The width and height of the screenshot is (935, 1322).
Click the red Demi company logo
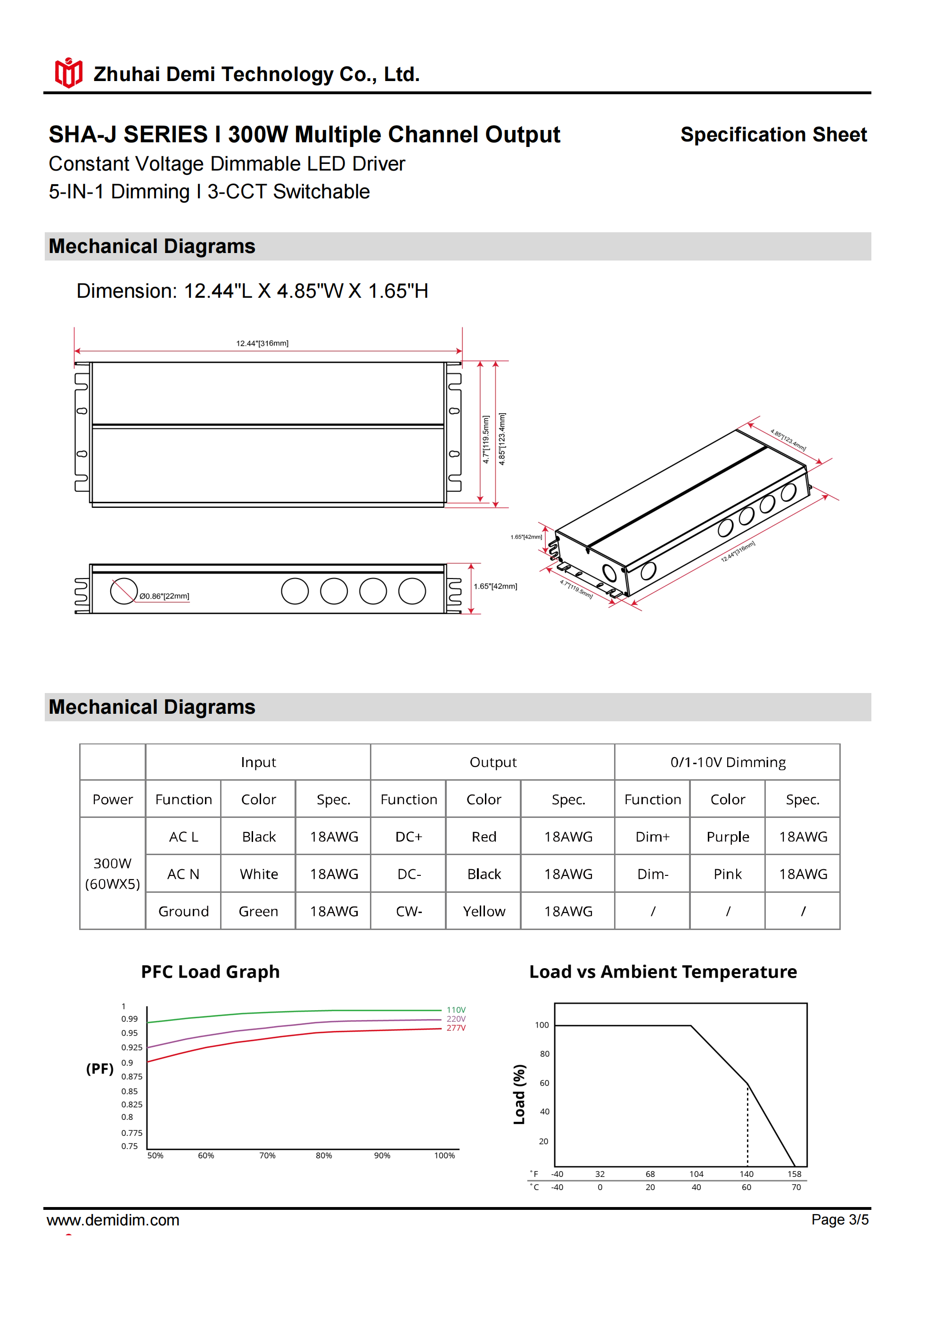click(68, 73)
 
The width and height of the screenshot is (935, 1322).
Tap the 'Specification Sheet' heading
click(773, 135)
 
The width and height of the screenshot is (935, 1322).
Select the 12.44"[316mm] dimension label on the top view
click(262, 343)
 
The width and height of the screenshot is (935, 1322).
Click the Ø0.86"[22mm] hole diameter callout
click(164, 596)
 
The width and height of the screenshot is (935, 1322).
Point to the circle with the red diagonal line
click(123, 591)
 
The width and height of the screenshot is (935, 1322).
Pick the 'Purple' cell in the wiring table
click(728, 837)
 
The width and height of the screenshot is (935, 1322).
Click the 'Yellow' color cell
click(484, 911)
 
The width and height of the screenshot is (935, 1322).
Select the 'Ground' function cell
click(183, 911)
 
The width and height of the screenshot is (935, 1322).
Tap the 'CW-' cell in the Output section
click(409, 911)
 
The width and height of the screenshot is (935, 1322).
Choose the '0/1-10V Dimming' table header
click(728, 762)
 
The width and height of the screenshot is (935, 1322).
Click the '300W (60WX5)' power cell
click(112, 873)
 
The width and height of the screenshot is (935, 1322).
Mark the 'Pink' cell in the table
click(728, 874)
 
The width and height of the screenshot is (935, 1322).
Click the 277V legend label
click(456, 1028)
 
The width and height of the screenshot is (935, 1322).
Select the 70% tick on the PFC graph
click(267, 1156)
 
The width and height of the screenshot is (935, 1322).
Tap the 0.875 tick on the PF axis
click(131, 1076)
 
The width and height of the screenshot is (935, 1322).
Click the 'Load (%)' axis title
click(519, 1094)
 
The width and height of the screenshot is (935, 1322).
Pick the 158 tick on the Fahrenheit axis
click(795, 1174)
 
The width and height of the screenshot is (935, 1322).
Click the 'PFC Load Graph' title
click(210, 972)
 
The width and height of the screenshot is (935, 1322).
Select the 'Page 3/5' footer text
click(839, 1219)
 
